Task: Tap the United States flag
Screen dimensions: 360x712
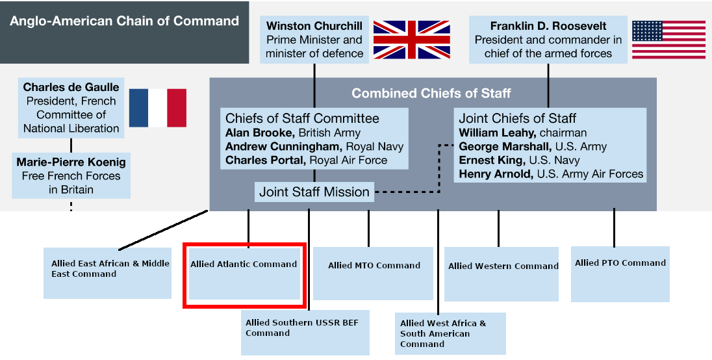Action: click(668, 40)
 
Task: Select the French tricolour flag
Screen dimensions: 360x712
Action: click(157, 108)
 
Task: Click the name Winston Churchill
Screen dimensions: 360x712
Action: click(314, 26)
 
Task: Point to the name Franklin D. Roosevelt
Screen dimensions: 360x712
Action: click(548, 26)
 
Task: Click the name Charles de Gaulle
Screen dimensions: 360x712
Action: click(71, 87)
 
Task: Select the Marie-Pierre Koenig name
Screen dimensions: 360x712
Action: click(71, 162)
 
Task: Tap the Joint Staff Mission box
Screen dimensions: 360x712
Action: click(314, 192)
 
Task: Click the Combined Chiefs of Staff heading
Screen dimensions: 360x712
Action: click(431, 93)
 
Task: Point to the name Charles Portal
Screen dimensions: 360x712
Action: click(265, 160)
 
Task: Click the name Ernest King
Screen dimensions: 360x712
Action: click(491, 160)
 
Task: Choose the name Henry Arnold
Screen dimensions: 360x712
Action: click(493, 174)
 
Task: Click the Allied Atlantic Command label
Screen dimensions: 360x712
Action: click(244, 264)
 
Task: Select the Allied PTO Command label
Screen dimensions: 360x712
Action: click(620, 263)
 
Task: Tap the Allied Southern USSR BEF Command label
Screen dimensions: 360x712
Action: click(302, 328)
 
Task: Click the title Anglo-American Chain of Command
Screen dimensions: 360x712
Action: click(124, 21)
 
